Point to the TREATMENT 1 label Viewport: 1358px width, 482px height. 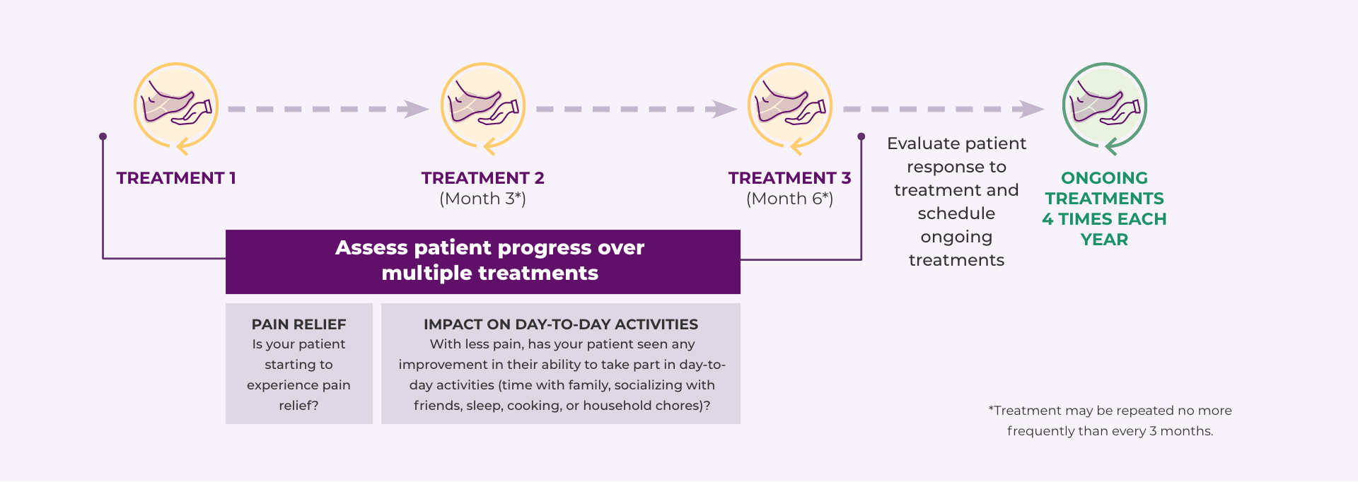click(176, 178)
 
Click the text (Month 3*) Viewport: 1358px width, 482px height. click(483, 199)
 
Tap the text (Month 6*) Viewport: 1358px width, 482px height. click(789, 199)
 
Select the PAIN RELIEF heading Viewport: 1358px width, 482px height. click(298, 324)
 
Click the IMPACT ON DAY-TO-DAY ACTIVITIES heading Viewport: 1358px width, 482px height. click(560, 324)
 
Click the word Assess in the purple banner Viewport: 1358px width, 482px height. click(371, 248)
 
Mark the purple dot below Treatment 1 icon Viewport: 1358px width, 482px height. click(103, 136)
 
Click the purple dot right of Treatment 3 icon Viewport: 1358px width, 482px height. click(861, 136)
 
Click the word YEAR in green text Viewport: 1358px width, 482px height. click(1104, 240)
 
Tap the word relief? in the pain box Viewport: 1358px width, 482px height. click(298, 406)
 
